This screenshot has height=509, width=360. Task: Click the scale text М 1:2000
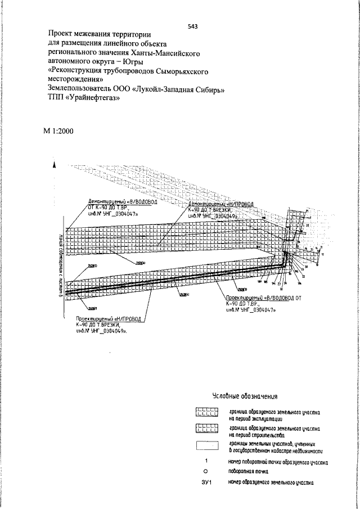61,131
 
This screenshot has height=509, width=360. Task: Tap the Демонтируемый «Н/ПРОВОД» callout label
219,208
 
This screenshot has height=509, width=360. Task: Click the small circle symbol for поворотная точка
206,471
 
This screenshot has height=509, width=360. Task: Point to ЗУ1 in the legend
206,483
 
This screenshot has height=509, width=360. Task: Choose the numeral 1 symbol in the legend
206,461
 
